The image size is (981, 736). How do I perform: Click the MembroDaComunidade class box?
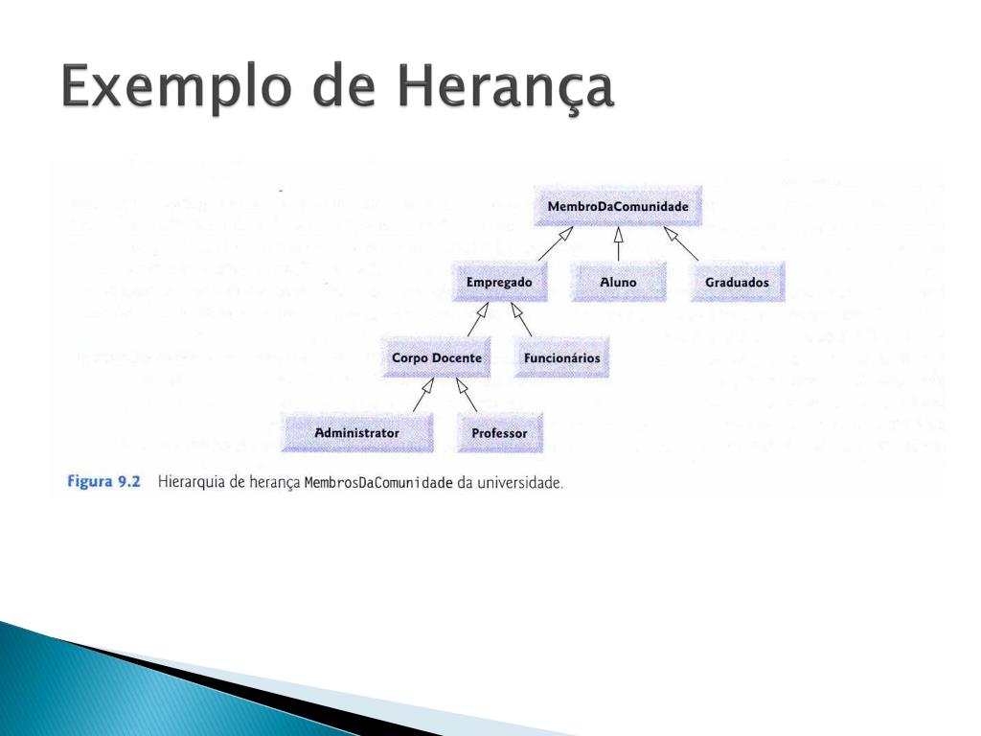coord(618,206)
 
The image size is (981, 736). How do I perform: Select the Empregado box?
coord(499,282)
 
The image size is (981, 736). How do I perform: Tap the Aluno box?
coord(618,282)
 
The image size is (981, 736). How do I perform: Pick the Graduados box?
coord(737,282)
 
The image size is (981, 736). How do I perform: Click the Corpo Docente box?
coord(436,357)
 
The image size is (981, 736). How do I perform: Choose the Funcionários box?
coord(561,357)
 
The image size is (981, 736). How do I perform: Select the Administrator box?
coord(356,432)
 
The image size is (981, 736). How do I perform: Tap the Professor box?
coord(499,432)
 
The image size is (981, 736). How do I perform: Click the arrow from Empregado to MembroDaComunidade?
coord(556,243)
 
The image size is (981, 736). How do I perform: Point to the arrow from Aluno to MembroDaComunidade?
coord(618,243)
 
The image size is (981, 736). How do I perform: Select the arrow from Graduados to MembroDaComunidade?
coord(681,243)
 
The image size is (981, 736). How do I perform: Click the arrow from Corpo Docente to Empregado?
coord(478,319)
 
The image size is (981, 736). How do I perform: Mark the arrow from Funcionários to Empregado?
coord(521,319)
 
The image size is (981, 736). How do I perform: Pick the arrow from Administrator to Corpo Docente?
coord(423,395)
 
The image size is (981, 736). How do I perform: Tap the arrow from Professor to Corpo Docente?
coord(467,395)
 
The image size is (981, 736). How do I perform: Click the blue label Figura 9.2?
coord(103,482)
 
